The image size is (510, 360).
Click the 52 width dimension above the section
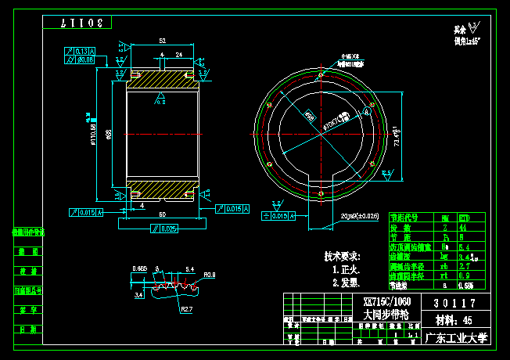(x=162, y=40)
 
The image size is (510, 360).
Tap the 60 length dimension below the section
(x=162, y=214)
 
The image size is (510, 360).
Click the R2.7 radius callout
(x=185, y=309)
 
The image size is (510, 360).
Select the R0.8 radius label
(x=209, y=275)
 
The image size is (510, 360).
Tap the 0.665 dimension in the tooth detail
(x=140, y=268)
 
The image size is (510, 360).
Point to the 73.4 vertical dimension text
(x=397, y=137)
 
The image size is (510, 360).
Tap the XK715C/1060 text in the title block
(x=387, y=301)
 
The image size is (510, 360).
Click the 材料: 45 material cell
(x=454, y=321)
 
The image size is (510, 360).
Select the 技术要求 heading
(x=342, y=256)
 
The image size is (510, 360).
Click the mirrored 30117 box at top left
(x=86, y=23)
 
